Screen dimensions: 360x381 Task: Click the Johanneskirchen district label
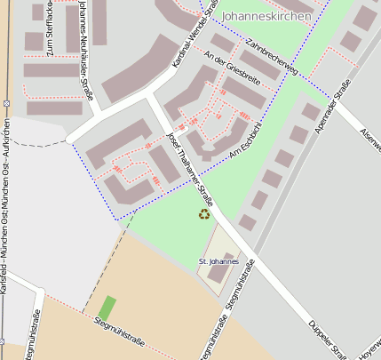point(266,16)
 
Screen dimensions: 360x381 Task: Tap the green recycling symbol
point(204,213)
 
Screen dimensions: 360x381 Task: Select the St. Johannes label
point(218,261)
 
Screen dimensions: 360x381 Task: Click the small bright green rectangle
point(107,308)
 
